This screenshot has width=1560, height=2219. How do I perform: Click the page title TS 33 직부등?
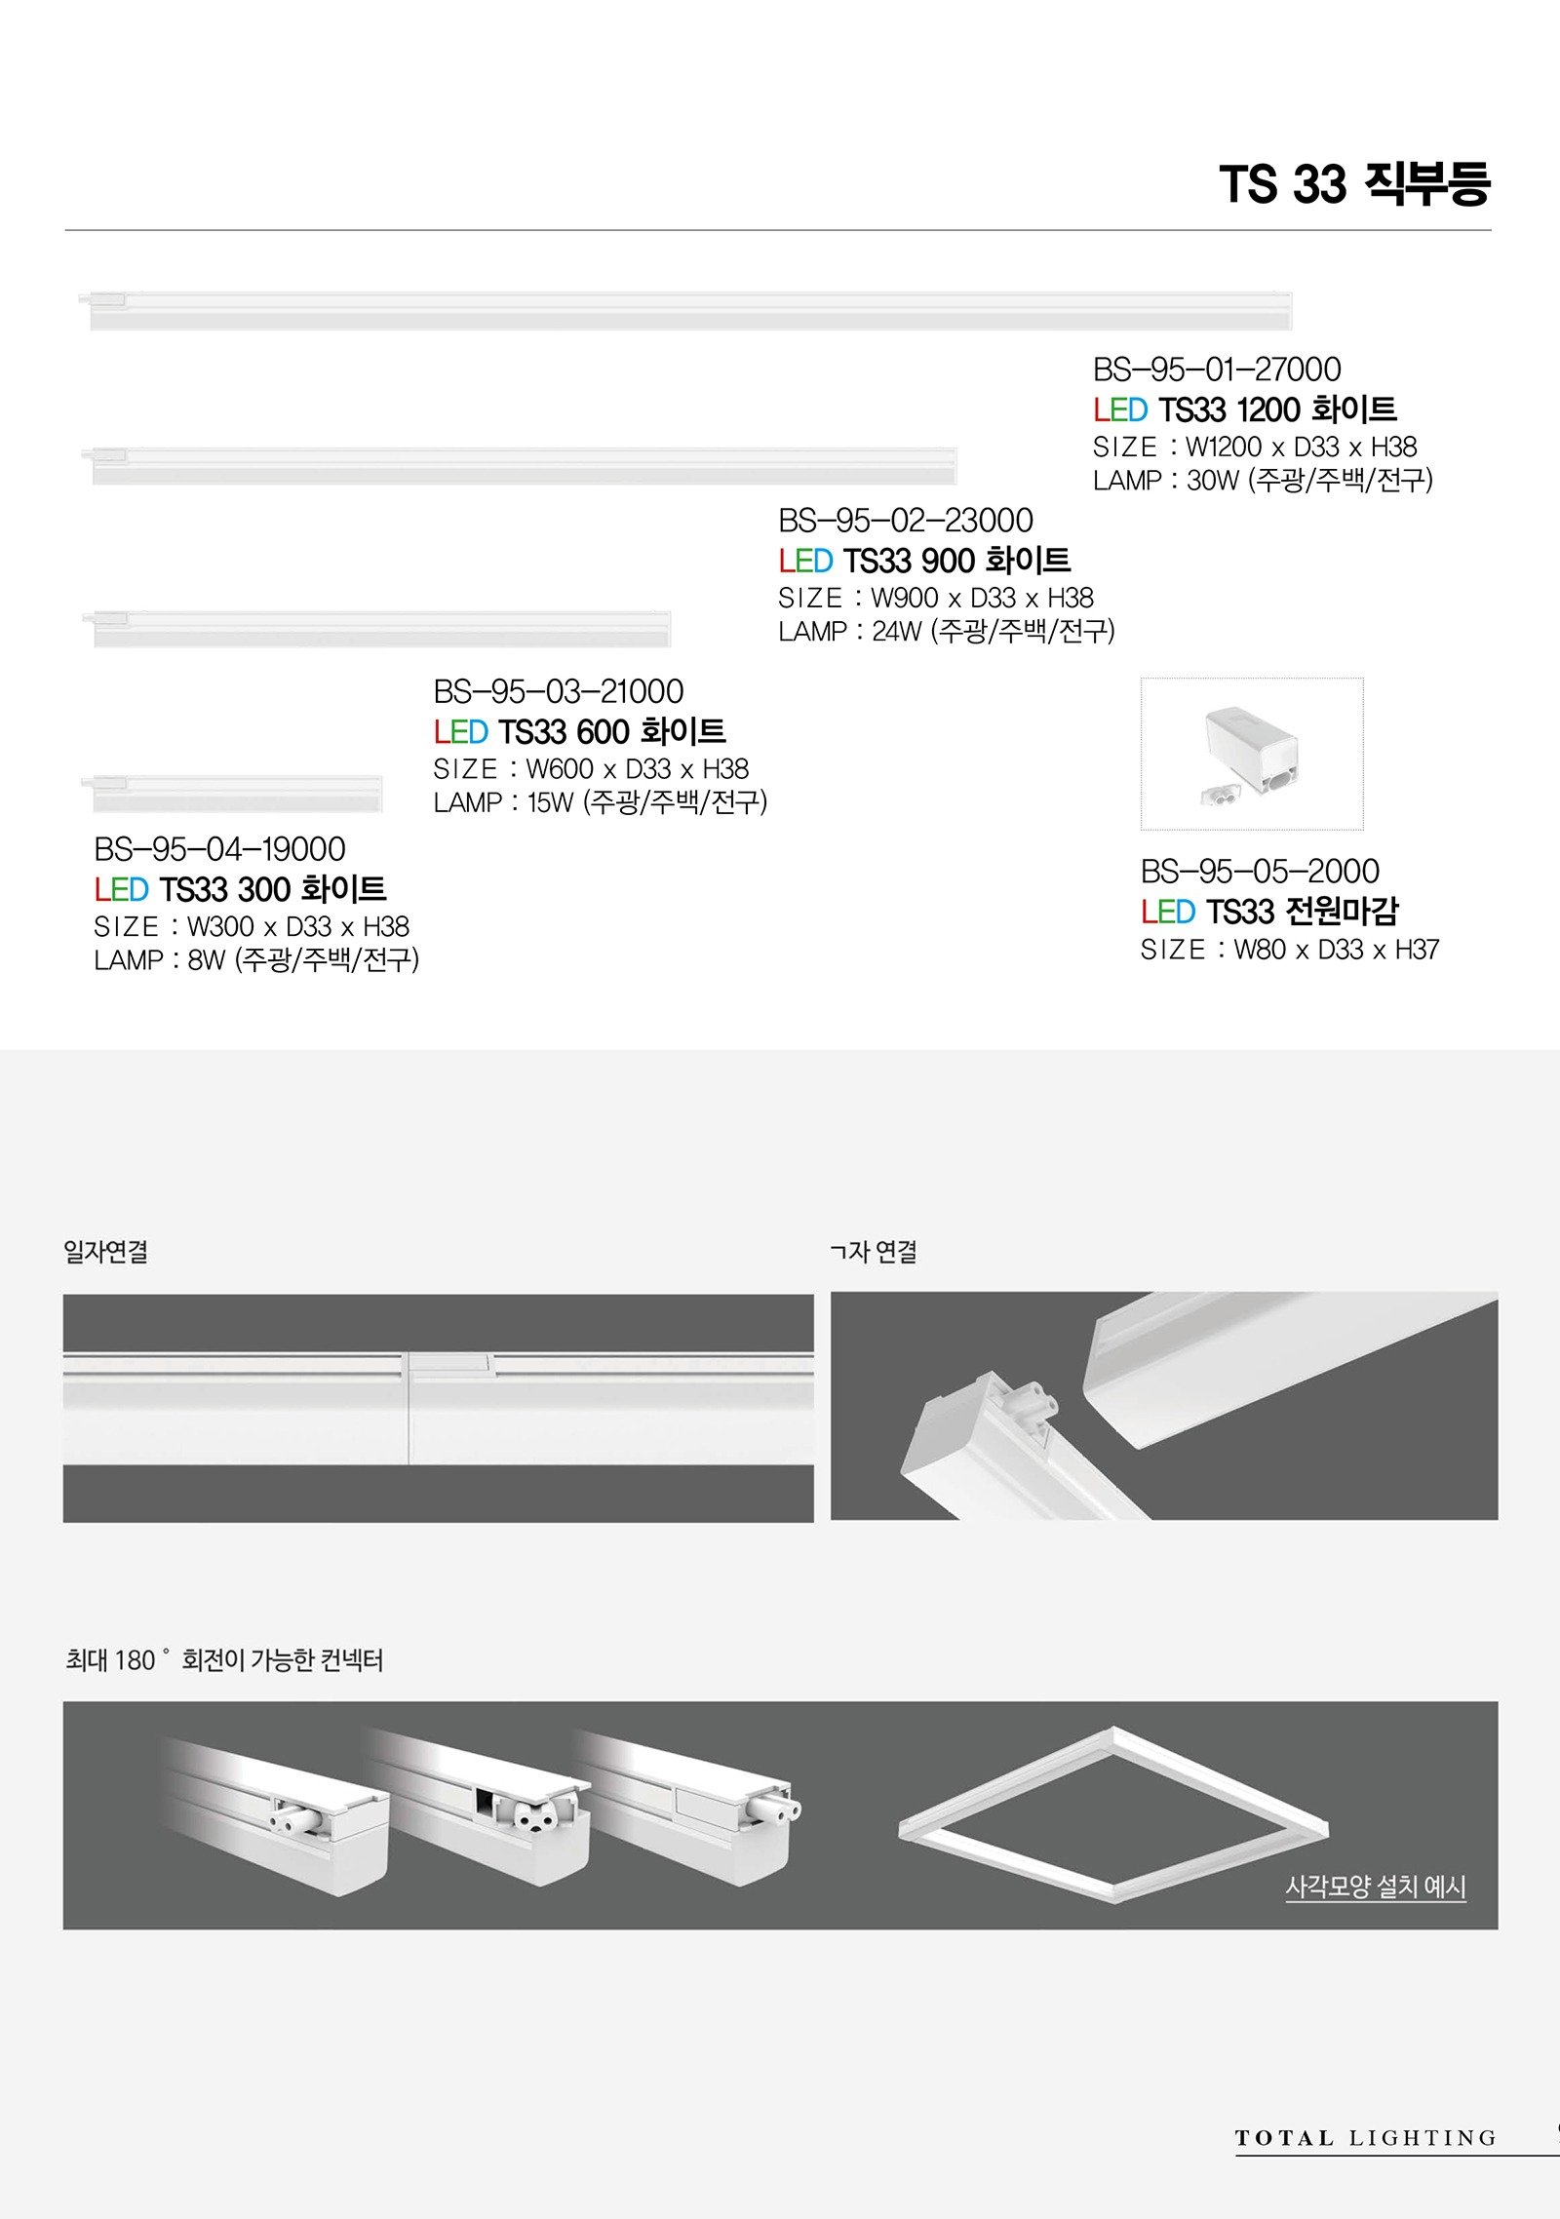click(x=1354, y=183)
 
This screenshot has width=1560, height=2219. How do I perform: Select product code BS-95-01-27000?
click(x=1217, y=370)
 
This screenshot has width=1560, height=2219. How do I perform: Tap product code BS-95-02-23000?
click(x=906, y=521)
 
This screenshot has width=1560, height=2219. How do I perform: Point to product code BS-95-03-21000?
click(x=559, y=691)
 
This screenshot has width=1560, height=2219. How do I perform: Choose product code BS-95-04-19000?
click(x=219, y=849)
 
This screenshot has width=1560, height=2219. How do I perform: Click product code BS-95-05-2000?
click(x=1260, y=871)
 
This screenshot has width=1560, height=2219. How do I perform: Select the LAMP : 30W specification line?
click(x=1263, y=480)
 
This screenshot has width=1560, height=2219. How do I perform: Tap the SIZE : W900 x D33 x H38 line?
click(x=936, y=598)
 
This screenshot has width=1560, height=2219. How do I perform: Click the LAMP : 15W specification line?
click(x=601, y=802)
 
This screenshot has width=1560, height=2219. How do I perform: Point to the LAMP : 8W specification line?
click(x=256, y=960)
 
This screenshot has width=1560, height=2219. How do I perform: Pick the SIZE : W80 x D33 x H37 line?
click(x=1290, y=950)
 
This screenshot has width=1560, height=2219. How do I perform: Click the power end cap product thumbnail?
click(x=1252, y=754)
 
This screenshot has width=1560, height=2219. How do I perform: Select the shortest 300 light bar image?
click(x=232, y=794)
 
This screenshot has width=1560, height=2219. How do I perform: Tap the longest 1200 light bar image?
click(x=686, y=310)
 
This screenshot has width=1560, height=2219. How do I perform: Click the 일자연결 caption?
click(x=105, y=1251)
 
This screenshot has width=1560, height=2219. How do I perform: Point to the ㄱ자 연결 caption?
click(x=874, y=1251)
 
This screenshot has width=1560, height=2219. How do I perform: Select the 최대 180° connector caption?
click(x=224, y=1659)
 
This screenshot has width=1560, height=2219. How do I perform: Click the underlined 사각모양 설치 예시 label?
click(x=1376, y=1887)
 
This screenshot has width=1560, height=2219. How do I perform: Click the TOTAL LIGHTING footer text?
click(x=1365, y=2138)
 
